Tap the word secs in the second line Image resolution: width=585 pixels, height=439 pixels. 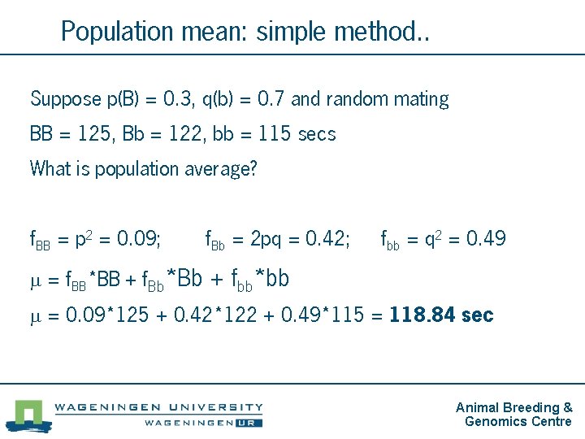click(317, 134)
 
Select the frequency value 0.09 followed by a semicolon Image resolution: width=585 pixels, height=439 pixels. click(136, 239)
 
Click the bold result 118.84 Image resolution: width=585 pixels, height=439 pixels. click(422, 315)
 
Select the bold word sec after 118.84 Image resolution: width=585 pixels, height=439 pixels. click(477, 315)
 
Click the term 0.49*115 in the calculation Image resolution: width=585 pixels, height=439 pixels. click(323, 315)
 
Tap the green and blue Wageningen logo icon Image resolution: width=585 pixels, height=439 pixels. click(28, 413)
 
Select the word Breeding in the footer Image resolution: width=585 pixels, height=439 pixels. click(531, 407)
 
